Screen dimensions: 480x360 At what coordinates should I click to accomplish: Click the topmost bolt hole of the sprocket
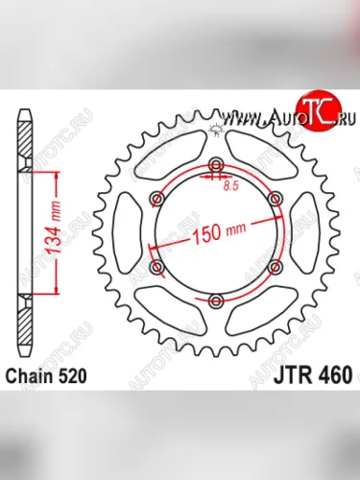coord(216,162)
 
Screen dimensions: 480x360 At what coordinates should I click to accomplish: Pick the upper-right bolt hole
coord(276,198)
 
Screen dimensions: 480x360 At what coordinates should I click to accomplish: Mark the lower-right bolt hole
coord(276,266)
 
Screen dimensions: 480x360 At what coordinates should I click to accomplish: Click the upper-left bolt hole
coord(156,198)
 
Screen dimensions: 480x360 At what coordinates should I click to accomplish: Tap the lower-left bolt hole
coord(156,266)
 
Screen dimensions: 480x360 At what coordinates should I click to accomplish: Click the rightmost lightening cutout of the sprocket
coord(309,231)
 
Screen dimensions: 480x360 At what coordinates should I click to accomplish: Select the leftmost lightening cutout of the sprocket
coord(124,231)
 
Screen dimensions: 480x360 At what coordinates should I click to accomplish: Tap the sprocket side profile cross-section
coord(24,230)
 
